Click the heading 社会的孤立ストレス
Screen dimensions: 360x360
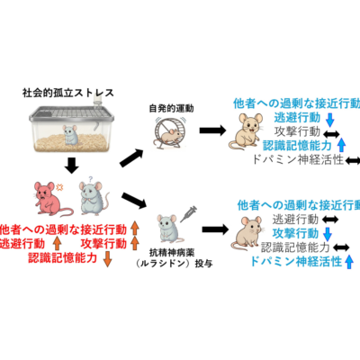tap(68, 93)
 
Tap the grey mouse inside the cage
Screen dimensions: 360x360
tap(71, 135)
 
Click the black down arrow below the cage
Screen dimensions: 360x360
tap(72, 166)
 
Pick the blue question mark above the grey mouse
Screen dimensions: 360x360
tap(90, 180)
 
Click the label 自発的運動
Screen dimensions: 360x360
tap(171, 108)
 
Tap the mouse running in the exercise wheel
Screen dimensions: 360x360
tap(169, 136)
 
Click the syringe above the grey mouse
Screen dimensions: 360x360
tap(188, 214)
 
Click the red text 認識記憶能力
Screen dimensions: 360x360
tap(62, 257)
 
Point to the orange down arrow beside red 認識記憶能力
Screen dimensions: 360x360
tap(107, 259)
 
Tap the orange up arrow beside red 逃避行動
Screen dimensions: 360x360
tap(57, 244)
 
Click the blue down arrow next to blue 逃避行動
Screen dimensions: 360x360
tap(330, 119)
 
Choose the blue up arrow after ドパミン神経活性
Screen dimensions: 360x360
tap(348, 262)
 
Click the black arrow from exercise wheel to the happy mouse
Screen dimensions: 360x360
tap(212, 130)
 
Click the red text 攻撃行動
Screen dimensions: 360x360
tap(103, 244)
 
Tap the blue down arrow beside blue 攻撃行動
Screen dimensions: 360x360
tap(327, 234)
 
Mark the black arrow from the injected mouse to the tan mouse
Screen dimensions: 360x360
tap(215, 230)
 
